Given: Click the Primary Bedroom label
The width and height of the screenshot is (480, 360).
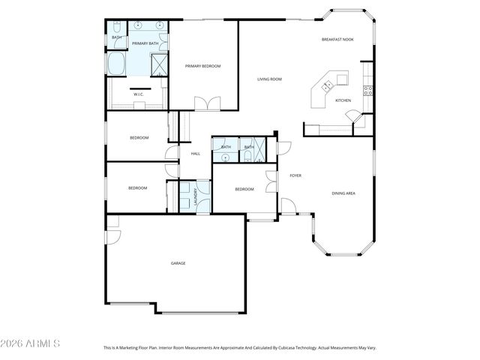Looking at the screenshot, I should [x=203, y=67].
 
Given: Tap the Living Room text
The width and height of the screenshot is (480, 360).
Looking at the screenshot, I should [x=269, y=79].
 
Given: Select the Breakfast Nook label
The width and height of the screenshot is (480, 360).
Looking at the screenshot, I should [x=337, y=39].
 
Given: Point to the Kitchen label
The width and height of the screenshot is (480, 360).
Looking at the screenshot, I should [x=343, y=100].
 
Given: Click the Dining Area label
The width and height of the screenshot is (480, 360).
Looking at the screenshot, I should [x=343, y=193].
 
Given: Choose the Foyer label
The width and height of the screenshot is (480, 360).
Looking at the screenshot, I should [x=295, y=175].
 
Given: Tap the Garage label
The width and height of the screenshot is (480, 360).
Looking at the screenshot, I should [x=178, y=263].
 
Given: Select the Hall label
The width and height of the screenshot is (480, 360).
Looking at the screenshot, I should [x=195, y=154].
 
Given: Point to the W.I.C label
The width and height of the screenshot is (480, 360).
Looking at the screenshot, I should [x=139, y=94].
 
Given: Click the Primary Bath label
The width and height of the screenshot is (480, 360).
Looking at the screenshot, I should [x=145, y=43].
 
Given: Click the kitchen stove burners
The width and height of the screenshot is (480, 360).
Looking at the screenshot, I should [x=368, y=91].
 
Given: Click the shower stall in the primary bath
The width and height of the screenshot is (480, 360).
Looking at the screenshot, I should [x=160, y=65].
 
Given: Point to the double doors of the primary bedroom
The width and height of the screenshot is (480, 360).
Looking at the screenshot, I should [x=206, y=103].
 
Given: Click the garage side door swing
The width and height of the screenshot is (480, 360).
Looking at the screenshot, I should [x=112, y=235].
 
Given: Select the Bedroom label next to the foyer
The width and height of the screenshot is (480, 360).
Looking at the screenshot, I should [x=244, y=189].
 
